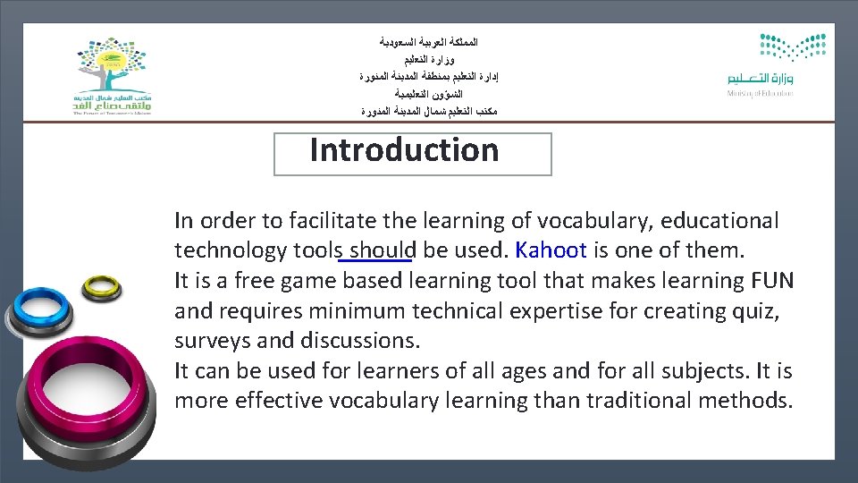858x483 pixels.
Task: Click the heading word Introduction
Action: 404,150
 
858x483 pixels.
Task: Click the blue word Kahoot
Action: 551,250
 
